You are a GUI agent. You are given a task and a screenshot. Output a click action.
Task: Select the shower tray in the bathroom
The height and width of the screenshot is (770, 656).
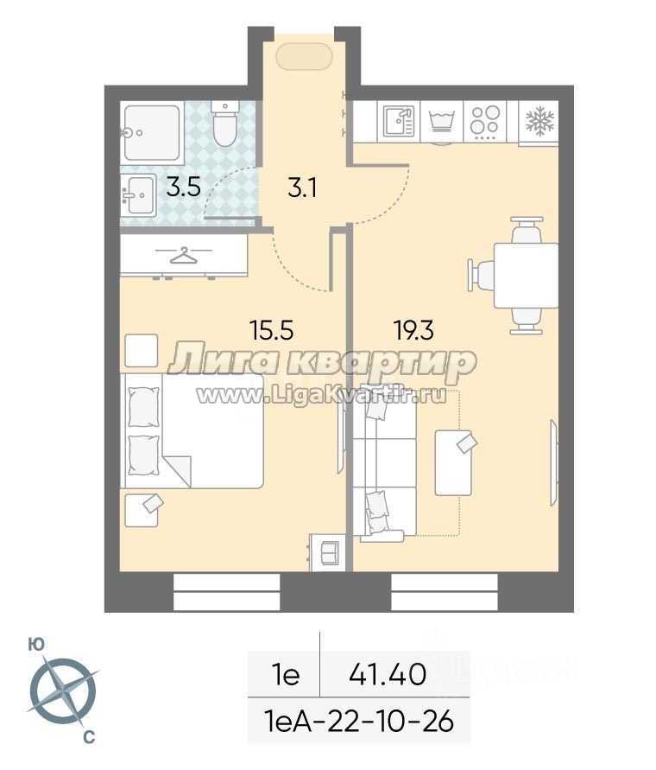(152, 132)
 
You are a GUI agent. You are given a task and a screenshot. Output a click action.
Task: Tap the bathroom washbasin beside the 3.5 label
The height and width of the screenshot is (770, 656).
(138, 195)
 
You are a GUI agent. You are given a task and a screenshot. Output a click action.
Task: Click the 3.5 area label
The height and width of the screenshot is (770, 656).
(183, 187)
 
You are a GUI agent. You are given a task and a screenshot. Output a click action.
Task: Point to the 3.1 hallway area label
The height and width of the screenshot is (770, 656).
(302, 188)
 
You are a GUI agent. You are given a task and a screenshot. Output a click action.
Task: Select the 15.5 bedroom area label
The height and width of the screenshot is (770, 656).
(272, 329)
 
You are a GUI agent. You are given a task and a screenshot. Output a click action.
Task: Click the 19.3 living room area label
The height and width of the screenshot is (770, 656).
(413, 329)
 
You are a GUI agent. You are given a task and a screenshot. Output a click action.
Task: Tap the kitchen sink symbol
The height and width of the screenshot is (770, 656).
(400, 121)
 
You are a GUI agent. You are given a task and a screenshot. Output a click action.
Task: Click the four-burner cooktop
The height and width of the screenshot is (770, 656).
(485, 120)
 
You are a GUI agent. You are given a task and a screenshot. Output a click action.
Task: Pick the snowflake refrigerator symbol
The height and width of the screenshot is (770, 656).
(539, 121)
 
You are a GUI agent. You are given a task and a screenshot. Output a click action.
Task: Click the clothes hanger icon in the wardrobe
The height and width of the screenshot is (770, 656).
(184, 255)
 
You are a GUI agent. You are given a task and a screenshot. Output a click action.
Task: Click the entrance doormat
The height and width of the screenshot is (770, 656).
(305, 57)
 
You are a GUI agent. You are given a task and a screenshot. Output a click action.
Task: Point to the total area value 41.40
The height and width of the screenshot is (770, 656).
(388, 674)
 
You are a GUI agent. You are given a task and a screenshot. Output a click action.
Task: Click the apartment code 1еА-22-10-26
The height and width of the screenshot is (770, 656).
(359, 722)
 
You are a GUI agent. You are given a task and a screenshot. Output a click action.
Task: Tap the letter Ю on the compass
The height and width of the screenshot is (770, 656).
(37, 645)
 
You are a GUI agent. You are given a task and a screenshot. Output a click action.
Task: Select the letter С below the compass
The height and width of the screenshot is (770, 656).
(89, 737)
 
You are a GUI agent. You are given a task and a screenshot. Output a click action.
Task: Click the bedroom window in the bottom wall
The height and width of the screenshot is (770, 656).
(226, 592)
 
